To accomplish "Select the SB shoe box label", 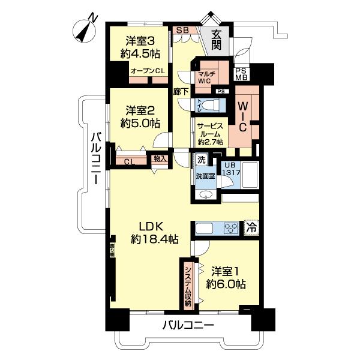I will (x=182, y=29).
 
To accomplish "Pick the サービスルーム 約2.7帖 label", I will (x=210, y=134).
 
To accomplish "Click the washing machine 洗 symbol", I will (x=200, y=160).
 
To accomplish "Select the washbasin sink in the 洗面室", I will (x=206, y=196).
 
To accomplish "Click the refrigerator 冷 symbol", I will (x=252, y=227).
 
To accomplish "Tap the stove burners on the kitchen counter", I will (x=230, y=227).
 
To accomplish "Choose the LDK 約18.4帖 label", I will (x=155, y=233).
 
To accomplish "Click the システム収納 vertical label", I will (x=188, y=286).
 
